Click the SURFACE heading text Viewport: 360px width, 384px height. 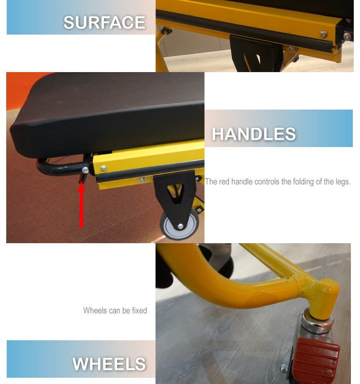[x=105, y=23]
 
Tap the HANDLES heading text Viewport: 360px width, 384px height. [x=254, y=134]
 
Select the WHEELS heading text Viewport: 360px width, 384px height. [x=109, y=364]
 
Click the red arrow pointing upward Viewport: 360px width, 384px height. [x=81, y=205]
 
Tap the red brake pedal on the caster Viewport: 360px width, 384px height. [x=317, y=360]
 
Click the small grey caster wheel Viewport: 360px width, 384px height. [x=179, y=224]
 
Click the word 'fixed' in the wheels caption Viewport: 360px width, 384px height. [x=139, y=310]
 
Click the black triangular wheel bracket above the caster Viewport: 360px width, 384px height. [x=175, y=194]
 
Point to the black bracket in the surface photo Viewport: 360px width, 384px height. [x=255, y=53]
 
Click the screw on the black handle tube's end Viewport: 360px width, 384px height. [x=85, y=170]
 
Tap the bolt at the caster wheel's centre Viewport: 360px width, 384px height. [x=180, y=226]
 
